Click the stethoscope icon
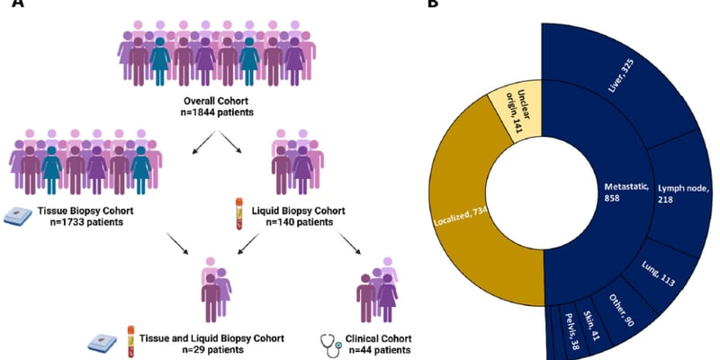330,343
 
